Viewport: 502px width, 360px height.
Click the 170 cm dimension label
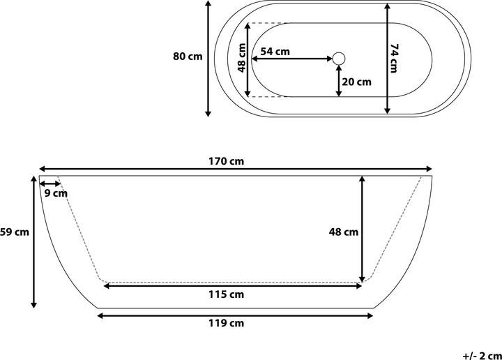[227, 161]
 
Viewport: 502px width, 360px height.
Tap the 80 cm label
[188, 57]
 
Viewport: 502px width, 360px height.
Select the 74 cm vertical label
[395, 58]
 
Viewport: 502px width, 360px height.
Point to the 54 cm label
[275, 51]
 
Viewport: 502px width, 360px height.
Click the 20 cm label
[356, 82]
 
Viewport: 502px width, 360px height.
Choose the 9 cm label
[55, 193]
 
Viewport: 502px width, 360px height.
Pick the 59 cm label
[14, 232]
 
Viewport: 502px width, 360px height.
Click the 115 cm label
[227, 294]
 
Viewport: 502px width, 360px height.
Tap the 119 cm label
[227, 323]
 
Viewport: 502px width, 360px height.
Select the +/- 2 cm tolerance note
[481, 354]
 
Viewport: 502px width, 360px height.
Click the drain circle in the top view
[340, 58]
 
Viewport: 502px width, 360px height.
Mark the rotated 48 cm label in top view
[241, 59]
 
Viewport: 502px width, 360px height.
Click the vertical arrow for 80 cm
[208, 58]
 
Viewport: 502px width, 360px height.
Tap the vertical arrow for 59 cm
[34, 241]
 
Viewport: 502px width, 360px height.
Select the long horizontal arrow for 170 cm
[235, 169]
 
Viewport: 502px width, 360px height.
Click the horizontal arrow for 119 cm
[235, 315]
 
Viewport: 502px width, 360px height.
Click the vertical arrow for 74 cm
[388, 58]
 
